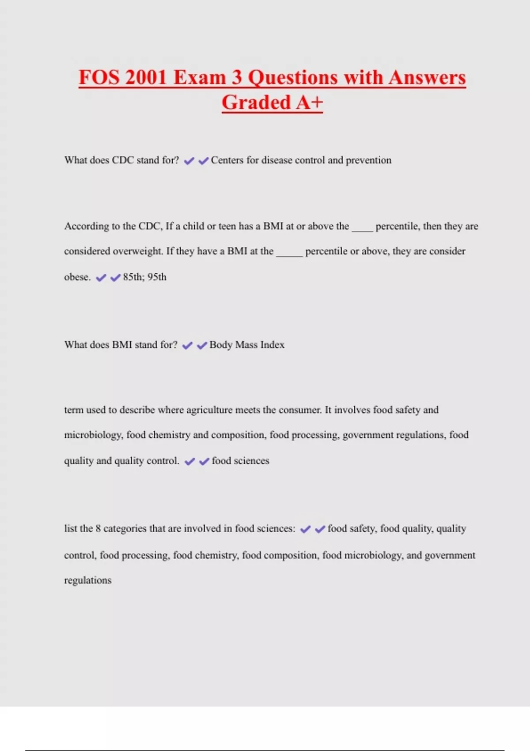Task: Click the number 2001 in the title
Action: point(145,78)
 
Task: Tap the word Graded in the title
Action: point(256,103)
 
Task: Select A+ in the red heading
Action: point(310,103)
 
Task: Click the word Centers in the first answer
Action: point(227,160)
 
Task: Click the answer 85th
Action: point(133,277)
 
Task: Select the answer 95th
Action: point(157,277)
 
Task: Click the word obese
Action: point(77,277)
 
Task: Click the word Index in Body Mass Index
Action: point(273,345)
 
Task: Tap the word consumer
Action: point(300,410)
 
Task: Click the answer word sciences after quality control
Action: point(251,461)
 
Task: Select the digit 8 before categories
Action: point(98,528)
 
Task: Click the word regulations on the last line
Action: point(87,580)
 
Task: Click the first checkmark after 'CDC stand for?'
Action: point(189,161)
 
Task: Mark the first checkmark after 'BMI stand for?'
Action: point(187,345)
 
